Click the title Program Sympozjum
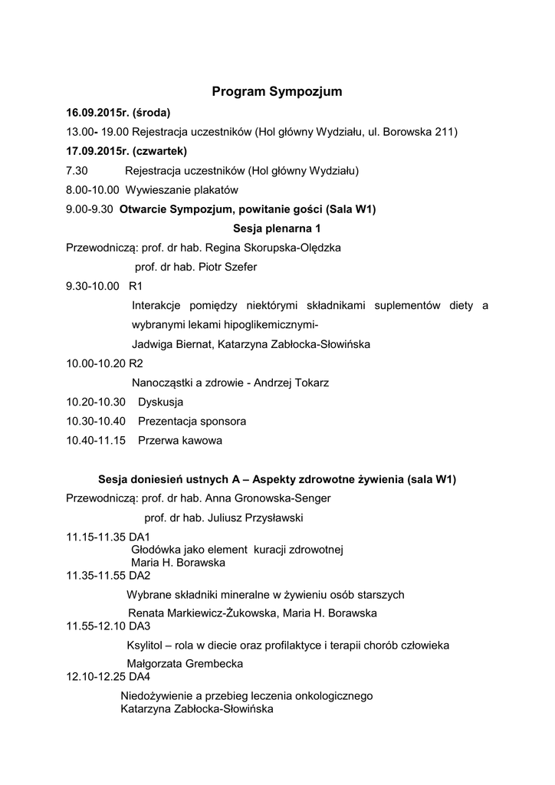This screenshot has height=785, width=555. tap(277, 92)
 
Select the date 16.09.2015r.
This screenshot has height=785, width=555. tap(99, 113)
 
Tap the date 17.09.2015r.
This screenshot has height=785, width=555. tap(99, 151)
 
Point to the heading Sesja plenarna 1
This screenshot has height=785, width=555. tap(276, 228)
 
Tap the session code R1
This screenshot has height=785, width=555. tap(136, 286)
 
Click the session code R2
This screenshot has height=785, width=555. tap(136, 363)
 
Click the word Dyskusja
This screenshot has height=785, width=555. tap(160, 402)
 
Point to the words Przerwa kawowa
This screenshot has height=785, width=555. tap(179, 441)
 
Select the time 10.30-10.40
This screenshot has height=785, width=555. tap(96, 421)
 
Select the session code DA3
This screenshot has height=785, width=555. tap(140, 626)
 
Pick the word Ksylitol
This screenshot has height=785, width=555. tap(146, 645)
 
